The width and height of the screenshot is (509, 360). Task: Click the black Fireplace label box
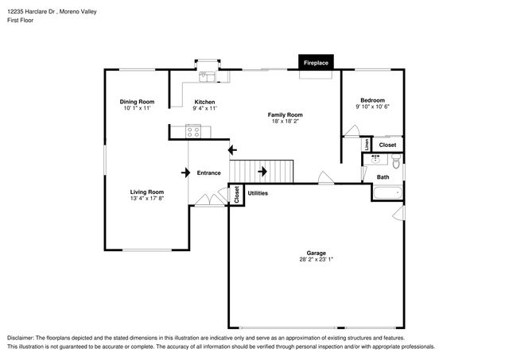pyautogui.click(x=316, y=62)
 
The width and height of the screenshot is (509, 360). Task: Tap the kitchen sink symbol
pyautogui.click(x=207, y=76)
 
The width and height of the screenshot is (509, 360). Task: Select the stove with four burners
pyautogui.click(x=192, y=132)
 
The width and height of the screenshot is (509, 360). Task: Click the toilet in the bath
pyautogui.click(x=396, y=161)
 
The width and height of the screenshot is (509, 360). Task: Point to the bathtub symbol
pyautogui.click(x=387, y=192)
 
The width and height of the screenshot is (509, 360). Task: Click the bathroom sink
pyautogui.click(x=376, y=160)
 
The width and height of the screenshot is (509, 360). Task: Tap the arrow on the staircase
pyautogui.click(x=262, y=171)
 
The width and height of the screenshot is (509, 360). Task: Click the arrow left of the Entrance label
pyautogui.click(x=185, y=172)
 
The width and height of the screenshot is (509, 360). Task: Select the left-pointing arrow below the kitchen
pyautogui.click(x=232, y=150)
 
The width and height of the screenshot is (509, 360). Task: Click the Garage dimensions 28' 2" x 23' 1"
pyautogui.click(x=317, y=259)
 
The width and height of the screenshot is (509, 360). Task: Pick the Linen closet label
pyautogui.click(x=367, y=145)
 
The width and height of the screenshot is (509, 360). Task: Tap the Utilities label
pyautogui.click(x=258, y=193)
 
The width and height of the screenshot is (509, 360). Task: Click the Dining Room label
pyautogui.click(x=137, y=102)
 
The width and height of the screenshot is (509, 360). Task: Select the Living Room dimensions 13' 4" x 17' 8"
pyautogui.click(x=147, y=198)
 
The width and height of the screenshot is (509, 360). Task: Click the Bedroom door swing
pyautogui.click(x=352, y=130)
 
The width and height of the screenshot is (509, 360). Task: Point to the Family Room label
pyautogui.click(x=285, y=114)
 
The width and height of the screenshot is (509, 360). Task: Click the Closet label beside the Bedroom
pyautogui.click(x=387, y=145)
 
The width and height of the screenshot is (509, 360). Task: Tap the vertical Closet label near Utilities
pyautogui.click(x=237, y=195)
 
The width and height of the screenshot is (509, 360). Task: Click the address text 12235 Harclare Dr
pyautogui.click(x=32, y=12)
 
